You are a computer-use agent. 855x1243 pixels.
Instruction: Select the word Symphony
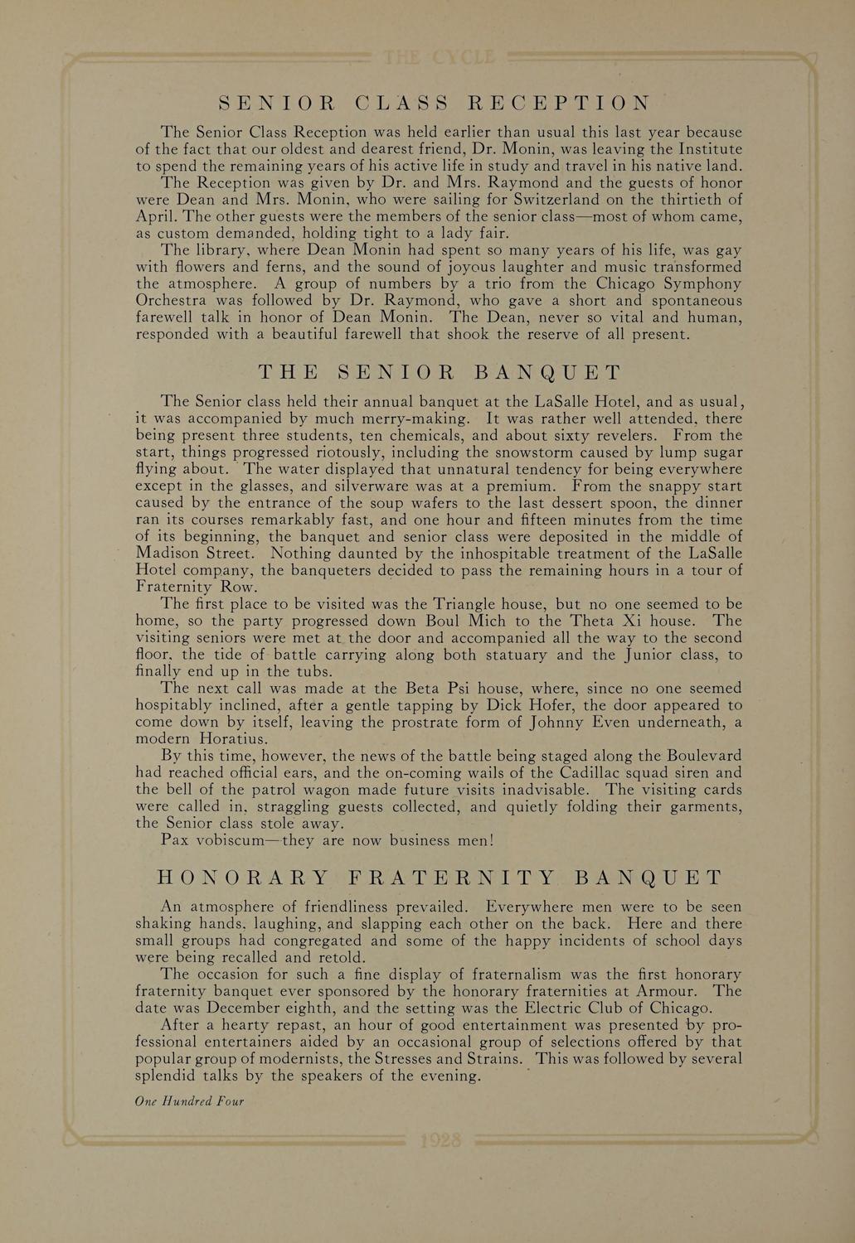[697, 284]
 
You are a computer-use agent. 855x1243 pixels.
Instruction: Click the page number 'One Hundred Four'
[189, 1102]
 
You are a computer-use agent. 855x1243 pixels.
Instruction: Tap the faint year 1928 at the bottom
[440, 1140]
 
